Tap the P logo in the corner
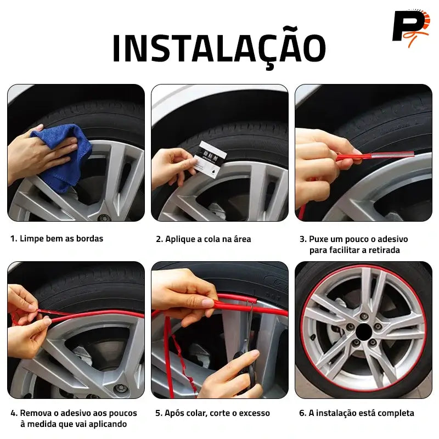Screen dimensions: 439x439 [410, 28]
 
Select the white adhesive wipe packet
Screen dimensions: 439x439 [210, 160]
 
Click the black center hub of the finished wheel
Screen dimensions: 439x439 [364, 331]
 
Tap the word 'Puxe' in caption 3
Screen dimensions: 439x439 [318, 239]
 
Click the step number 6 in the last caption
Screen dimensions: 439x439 [302, 413]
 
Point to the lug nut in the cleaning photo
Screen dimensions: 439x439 [104, 217]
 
